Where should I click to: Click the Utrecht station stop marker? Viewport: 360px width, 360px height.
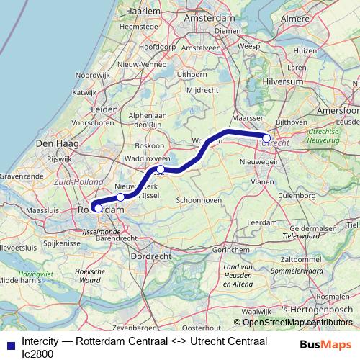tap(266, 138)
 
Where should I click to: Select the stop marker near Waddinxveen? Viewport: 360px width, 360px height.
tap(161, 170)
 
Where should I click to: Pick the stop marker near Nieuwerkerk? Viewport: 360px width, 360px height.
tap(120, 197)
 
